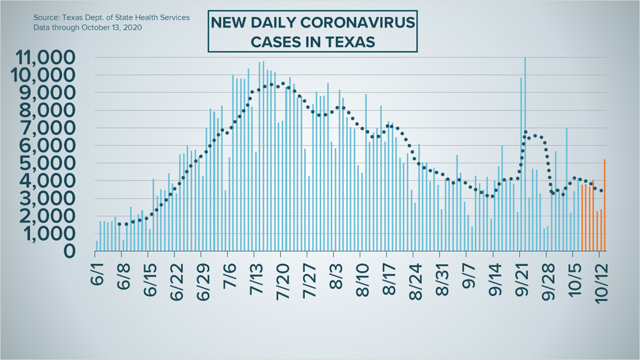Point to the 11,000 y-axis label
click(x=45, y=57)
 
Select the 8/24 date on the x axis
click(x=417, y=281)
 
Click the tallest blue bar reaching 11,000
click(x=525, y=154)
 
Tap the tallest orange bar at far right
click(x=605, y=205)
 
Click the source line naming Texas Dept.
click(x=111, y=17)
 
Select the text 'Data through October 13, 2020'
click(x=88, y=28)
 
